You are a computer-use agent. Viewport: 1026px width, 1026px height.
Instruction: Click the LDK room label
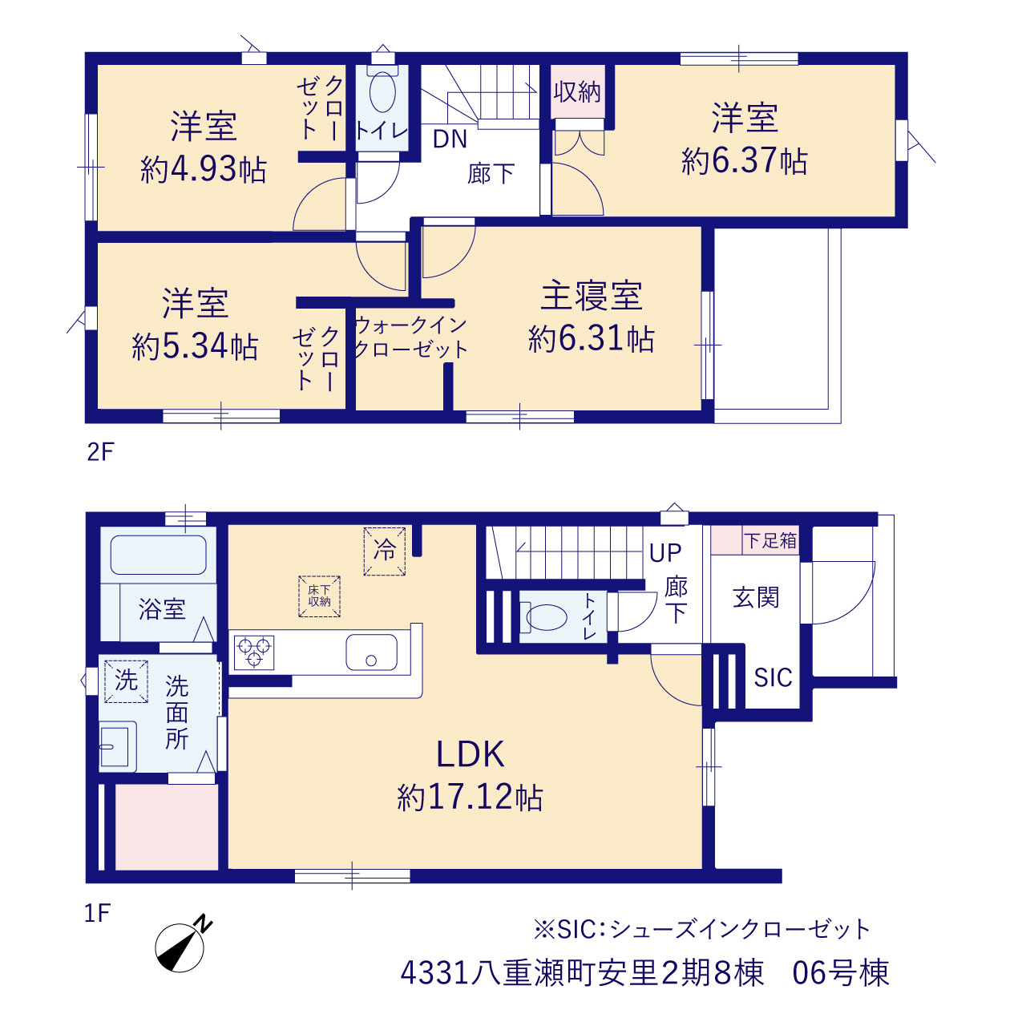[471, 754]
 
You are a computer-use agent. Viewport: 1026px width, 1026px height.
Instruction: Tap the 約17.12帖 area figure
[470, 798]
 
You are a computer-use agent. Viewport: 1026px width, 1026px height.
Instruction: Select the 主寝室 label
[592, 296]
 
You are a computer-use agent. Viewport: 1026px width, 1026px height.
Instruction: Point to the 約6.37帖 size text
[745, 160]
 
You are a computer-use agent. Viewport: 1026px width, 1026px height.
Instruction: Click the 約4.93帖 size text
[204, 169]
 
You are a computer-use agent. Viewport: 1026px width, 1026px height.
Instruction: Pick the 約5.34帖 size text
[195, 346]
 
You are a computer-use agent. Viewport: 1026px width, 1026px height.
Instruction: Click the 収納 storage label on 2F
[577, 92]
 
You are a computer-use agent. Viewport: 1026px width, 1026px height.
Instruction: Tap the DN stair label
[450, 139]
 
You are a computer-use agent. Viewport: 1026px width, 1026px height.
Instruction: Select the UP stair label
[665, 554]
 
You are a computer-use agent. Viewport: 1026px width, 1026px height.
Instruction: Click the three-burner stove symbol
[254, 652]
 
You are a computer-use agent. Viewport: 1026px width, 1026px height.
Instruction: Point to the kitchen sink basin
[371, 652]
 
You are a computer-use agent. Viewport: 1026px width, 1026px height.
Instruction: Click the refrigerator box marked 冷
[385, 551]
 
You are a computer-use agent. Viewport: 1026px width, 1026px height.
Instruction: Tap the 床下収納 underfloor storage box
[320, 596]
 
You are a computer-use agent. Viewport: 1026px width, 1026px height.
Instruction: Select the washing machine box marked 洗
[126, 681]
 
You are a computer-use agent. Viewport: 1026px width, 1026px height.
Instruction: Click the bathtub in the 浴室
[158, 555]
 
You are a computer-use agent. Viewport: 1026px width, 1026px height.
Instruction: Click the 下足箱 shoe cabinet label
[770, 541]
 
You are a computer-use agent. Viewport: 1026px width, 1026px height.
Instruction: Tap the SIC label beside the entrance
[773, 678]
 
